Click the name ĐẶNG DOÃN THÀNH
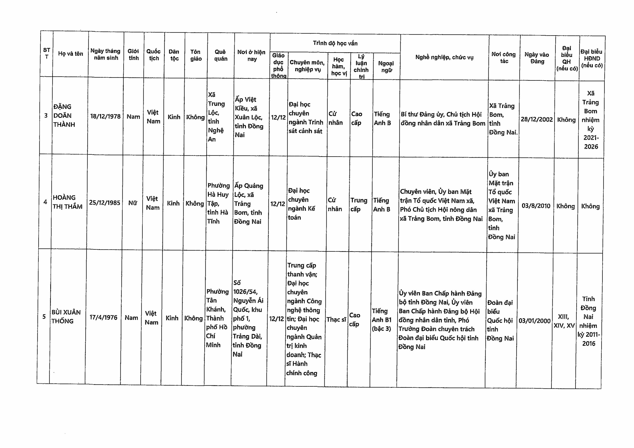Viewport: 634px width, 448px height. point(64,115)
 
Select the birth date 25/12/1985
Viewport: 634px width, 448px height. point(104,203)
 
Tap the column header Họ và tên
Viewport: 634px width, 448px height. point(70,53)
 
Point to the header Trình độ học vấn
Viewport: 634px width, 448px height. point(335,43)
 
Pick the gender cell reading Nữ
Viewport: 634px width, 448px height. point(133,203)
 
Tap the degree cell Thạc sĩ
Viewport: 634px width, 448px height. point(336,320)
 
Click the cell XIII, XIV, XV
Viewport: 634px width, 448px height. point(564,321)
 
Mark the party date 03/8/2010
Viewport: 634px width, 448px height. point(536,206)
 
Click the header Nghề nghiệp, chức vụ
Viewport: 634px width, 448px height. point(444,58)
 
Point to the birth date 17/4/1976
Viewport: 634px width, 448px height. point(103,317)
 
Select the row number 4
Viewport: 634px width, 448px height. point(45,202)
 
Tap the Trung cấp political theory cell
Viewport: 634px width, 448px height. point(359,205)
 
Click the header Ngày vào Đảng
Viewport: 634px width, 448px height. point(537,58)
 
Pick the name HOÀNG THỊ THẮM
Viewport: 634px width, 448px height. point(67,202)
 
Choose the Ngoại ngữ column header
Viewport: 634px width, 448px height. point(386,67)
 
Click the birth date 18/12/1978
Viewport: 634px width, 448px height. point(105,116)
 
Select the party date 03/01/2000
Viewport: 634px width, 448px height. point(534,321)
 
